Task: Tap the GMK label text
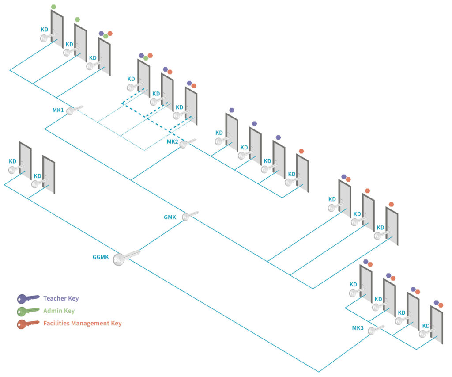(170, 217)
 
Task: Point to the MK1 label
(58, 110)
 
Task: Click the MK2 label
(173, 142)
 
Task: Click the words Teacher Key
(61, 298)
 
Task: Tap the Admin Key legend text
(59, 311)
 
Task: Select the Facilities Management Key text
(82, 324)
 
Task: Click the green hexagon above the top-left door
(53, 7)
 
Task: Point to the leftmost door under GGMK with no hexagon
(25, 160)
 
